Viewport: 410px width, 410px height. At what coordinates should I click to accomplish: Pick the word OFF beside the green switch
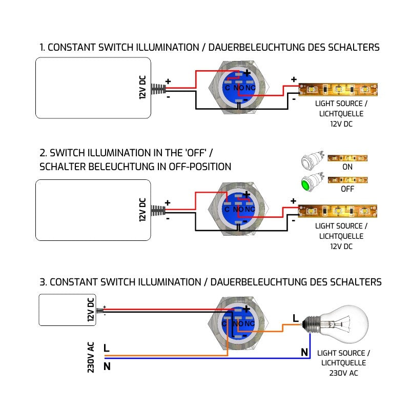347,189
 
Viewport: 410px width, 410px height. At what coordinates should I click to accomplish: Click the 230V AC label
91,357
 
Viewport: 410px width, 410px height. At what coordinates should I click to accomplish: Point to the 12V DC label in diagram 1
143,88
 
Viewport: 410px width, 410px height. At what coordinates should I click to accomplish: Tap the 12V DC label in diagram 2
143,210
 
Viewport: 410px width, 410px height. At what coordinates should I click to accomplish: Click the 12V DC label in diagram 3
91,310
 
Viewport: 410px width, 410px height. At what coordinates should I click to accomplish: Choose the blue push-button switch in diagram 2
239,209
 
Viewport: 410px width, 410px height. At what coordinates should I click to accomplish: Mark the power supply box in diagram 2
93,210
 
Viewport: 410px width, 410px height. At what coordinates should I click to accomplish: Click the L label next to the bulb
295,318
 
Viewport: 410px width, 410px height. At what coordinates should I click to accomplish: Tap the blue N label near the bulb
304,352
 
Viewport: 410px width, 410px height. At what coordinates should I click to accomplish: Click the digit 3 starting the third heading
43,282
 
